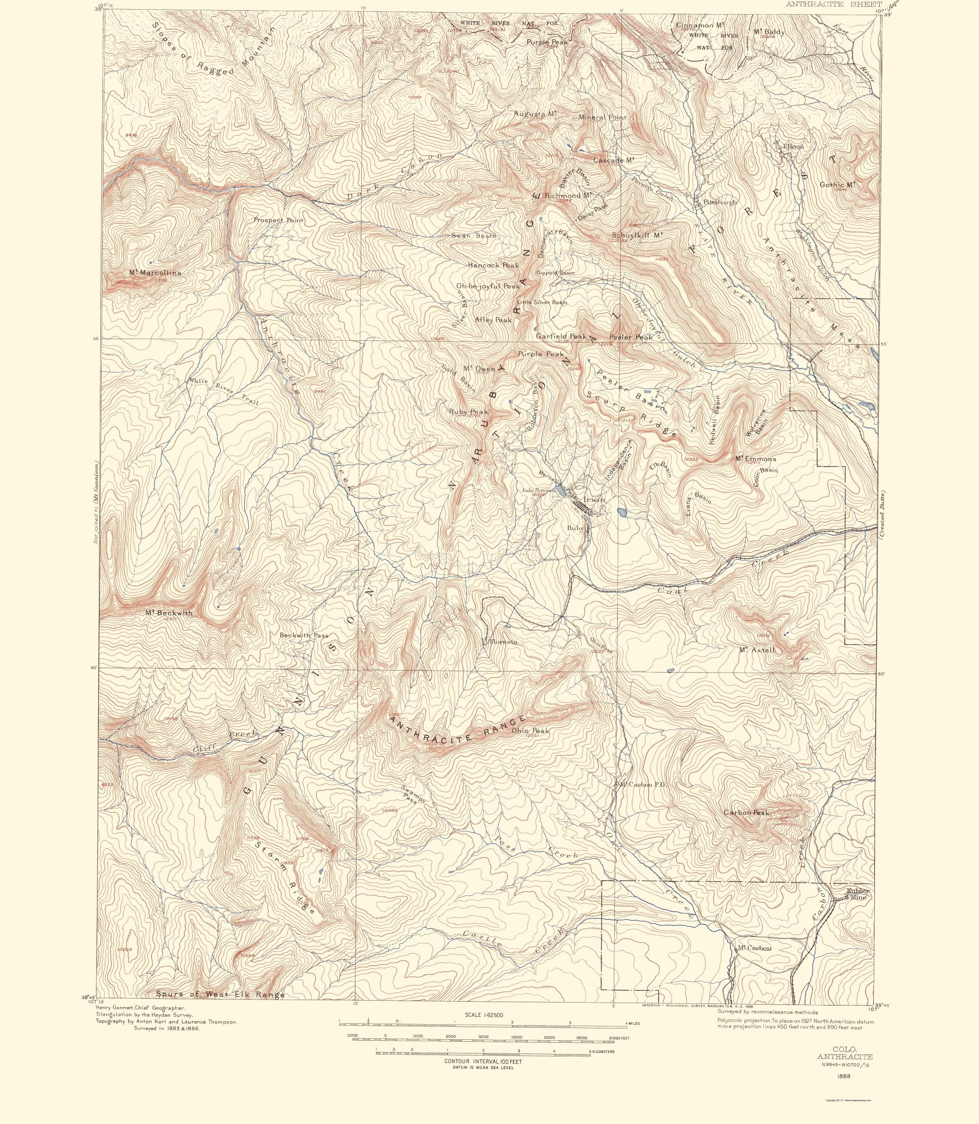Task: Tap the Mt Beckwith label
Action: tap(169, 612)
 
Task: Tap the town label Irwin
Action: tap(594, 499)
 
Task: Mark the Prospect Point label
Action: tap(278, 220)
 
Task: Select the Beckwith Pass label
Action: tap(304, 635)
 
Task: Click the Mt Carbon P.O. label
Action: tap(641, 784)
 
